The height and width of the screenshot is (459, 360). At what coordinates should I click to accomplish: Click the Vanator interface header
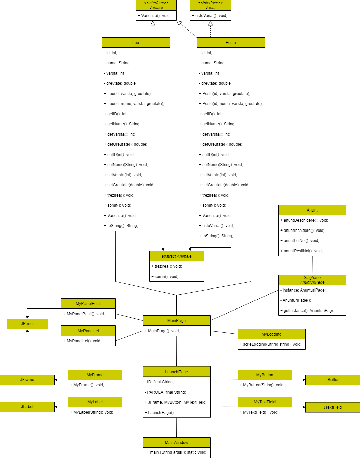tap(156, 5)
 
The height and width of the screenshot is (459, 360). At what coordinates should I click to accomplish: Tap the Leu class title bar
tap(136, 43)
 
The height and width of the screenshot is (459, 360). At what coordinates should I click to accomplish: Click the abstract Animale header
tap(176, 256)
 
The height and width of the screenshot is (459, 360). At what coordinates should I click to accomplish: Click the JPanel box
tap(27, 324)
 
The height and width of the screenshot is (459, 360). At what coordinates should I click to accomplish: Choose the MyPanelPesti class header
tap(88, 304)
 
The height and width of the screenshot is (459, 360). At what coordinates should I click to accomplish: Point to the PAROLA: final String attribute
tap(166, 392)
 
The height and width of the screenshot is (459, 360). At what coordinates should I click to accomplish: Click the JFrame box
tap(27, 380)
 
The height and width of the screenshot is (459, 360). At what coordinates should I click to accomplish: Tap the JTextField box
tap(333, 407)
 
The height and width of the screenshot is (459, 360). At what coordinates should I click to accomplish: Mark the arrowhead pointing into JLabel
tap(56, 407)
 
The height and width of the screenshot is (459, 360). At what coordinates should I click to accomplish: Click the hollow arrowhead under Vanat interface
tap(210, 23)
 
